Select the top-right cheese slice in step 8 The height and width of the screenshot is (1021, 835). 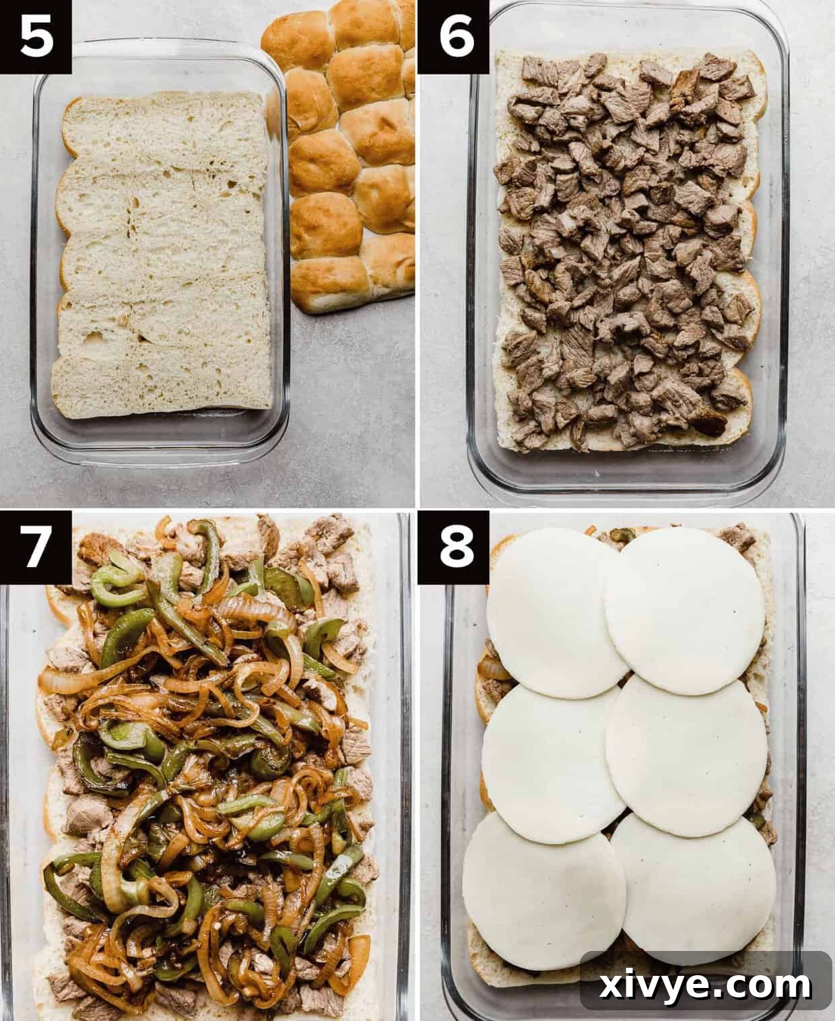coord(683,610)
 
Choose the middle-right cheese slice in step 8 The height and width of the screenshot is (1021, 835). coord(687,744)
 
